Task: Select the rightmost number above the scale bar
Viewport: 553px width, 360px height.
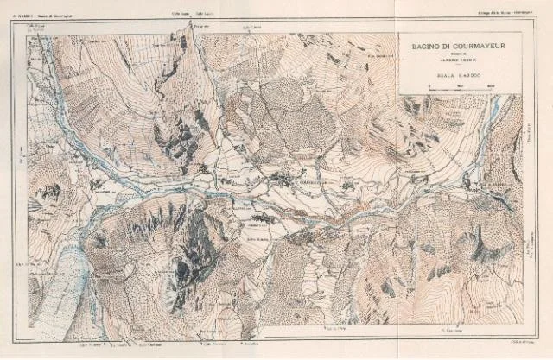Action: (490, 85)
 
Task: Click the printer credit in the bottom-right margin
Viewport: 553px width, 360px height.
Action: (510, 344)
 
